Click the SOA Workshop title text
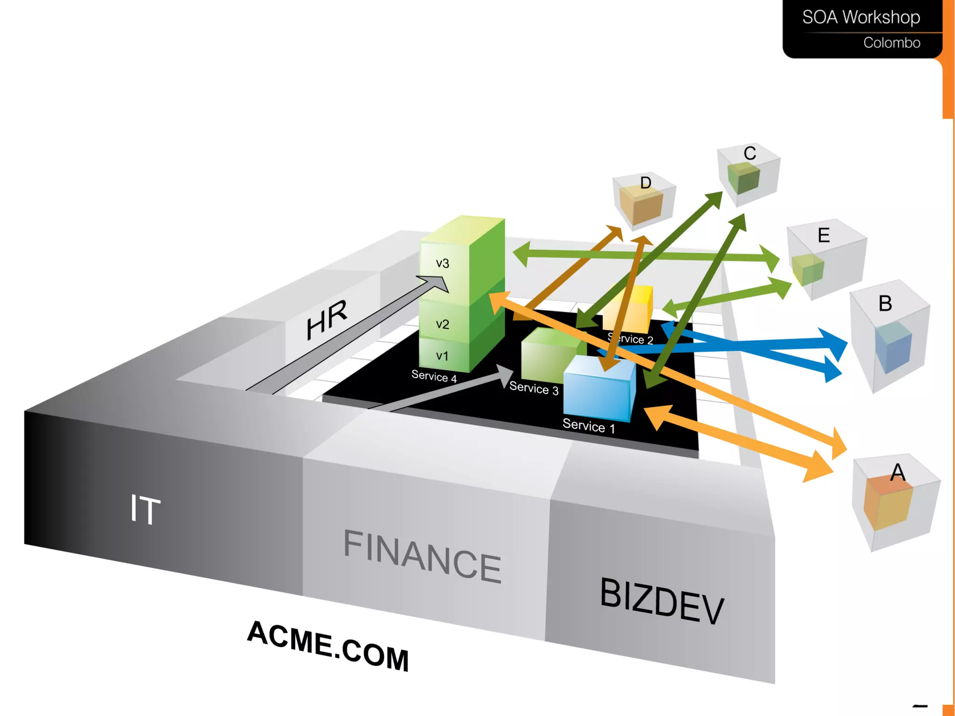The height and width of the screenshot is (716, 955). coord(861,17)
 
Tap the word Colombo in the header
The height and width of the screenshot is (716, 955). coord(892,43)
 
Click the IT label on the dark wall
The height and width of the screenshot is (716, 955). coord(145,509)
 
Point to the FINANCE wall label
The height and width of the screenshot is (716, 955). coord(422,556)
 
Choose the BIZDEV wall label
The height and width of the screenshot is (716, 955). coord(662,600)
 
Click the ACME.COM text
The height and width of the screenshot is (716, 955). coord(328,646)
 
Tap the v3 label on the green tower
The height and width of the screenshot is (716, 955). coord(442,263)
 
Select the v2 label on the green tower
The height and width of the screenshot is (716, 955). coord(442,324)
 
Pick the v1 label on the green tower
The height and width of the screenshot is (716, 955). coord(442,356)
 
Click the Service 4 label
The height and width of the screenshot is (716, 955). coord(434,376)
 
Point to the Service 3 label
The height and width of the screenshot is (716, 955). coord(533,388)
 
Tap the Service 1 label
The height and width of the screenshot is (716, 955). coord(588,426)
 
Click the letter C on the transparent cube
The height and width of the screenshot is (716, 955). coord(750,153)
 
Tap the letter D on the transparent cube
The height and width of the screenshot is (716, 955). coord(645,183)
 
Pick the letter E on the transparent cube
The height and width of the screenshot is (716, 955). coord(824,235)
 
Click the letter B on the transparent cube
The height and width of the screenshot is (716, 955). coord(885,304)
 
